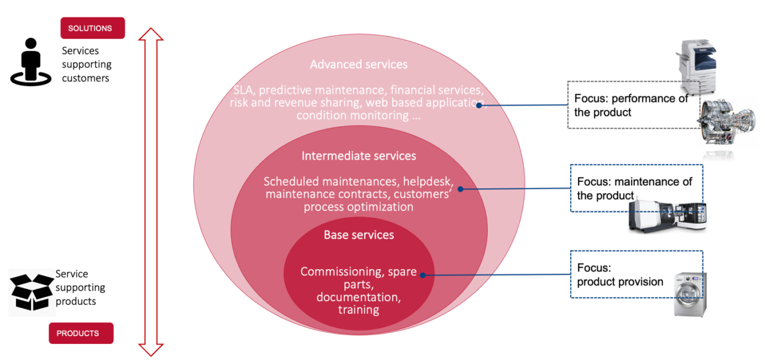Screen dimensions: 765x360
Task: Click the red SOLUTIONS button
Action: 93,28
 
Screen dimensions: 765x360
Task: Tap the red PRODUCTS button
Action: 81,333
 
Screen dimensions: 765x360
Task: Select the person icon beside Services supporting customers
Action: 30,62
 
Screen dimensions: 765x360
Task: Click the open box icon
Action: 32,292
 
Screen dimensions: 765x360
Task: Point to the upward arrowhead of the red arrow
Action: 151,34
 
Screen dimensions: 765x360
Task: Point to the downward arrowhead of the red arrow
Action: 151,350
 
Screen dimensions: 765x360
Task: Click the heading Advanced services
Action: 359,64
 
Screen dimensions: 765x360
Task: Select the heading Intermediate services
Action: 359,155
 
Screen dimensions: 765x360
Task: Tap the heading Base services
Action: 359,234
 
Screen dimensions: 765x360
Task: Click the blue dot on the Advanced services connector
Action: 479,105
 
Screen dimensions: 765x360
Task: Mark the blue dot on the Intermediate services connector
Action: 460,189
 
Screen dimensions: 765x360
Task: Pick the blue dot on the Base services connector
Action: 423,275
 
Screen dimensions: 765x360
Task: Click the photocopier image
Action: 697,66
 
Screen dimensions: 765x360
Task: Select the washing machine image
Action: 690,294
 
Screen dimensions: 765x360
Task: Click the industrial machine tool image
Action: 668,216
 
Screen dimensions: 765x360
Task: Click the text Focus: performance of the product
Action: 631,105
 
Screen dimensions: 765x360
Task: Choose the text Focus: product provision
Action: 620,274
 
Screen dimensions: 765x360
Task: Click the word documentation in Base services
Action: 359,297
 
